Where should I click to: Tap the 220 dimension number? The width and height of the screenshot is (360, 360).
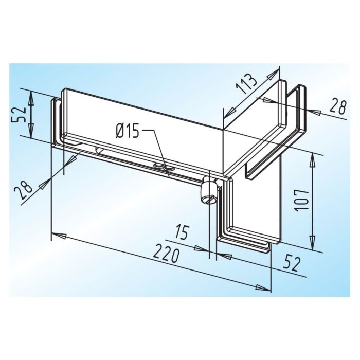tap(166, 253)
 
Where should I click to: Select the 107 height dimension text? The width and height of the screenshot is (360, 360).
tap(301, 200)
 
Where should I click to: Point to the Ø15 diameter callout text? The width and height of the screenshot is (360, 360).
tap(128, 132)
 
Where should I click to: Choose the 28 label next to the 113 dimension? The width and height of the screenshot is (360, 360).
tap(337, 106)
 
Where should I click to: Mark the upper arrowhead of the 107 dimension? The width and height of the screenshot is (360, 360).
tap(312, 161)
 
